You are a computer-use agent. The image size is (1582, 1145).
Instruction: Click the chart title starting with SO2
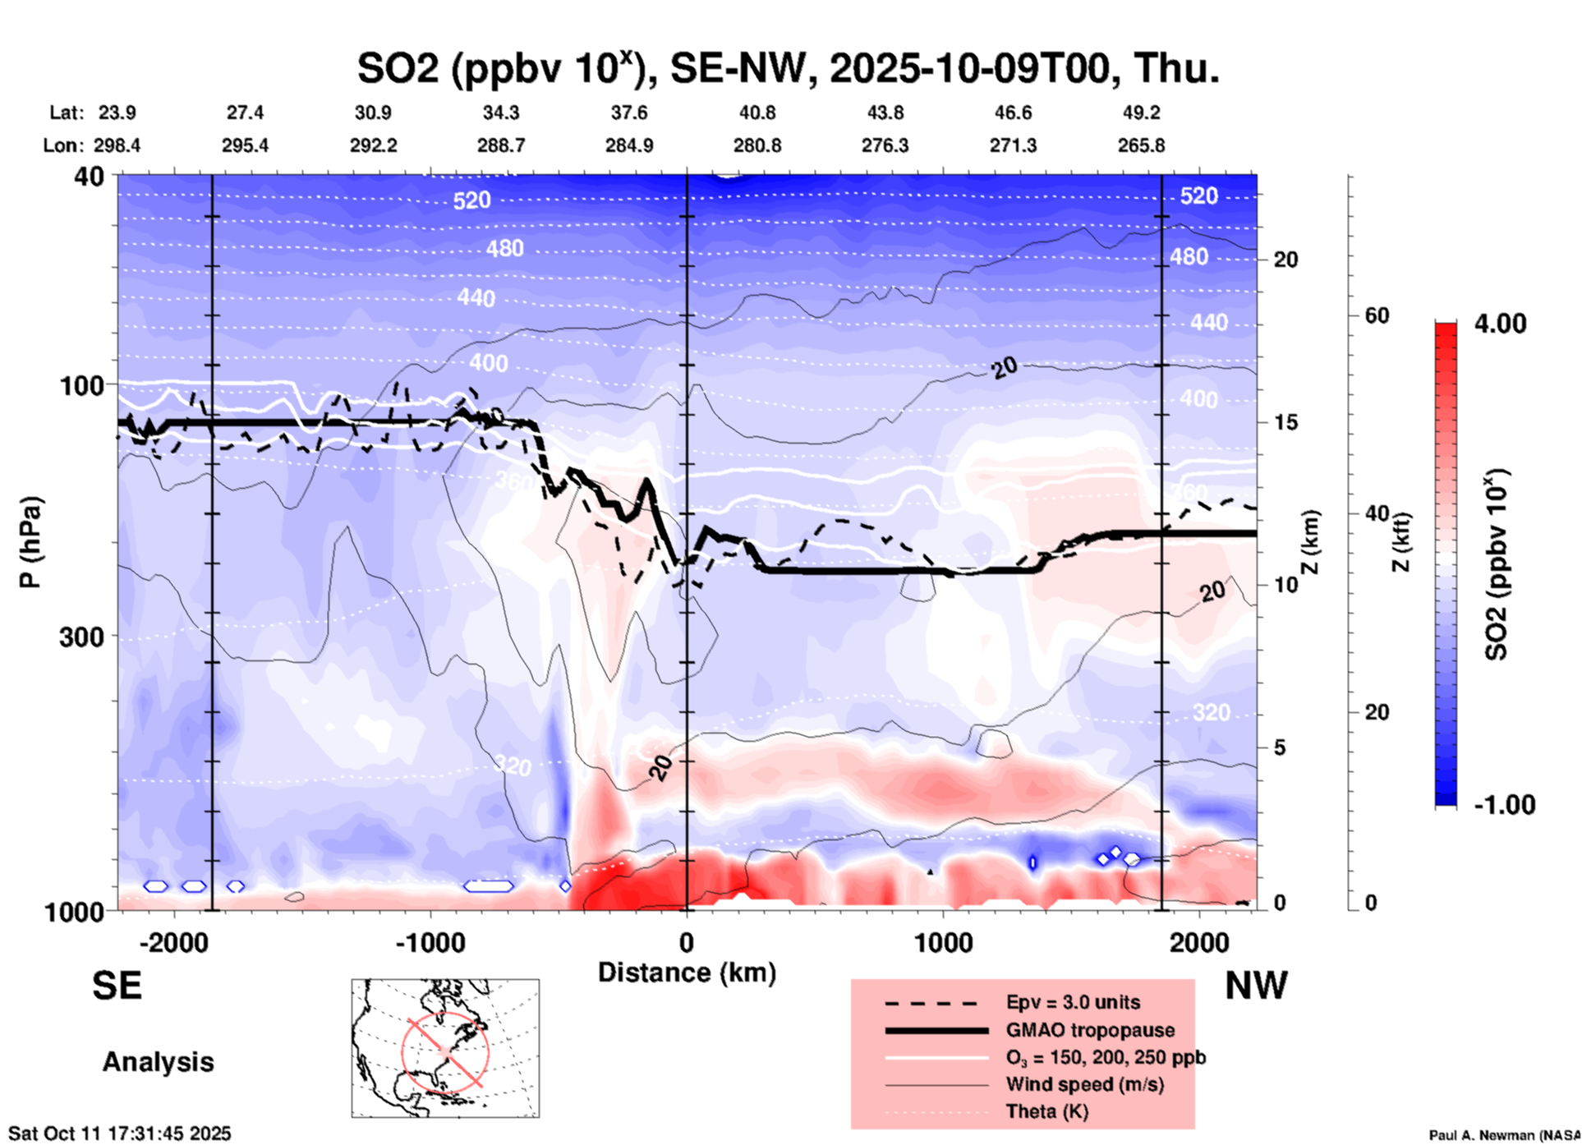787,69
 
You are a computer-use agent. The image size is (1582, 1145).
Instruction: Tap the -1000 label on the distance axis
430,943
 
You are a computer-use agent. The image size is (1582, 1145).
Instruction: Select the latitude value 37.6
628,113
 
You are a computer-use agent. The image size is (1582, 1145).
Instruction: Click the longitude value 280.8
757,145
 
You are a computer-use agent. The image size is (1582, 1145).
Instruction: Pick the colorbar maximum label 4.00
1500,324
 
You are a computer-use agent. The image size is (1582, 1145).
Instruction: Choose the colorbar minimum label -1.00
1503,805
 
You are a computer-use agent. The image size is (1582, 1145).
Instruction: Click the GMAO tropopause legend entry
1089,1030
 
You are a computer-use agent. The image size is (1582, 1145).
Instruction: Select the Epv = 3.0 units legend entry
1072,1003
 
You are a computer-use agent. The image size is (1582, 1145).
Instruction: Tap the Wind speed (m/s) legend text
1084,1084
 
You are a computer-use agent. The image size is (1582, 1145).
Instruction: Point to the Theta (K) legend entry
1046,1111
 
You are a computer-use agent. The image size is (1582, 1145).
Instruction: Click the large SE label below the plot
117,986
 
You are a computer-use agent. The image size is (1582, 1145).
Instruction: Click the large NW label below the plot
1256,986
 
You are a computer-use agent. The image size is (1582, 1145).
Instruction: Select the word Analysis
158,1062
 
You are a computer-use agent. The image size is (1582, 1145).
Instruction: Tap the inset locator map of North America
445,1048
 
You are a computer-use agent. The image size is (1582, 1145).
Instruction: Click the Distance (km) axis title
687,973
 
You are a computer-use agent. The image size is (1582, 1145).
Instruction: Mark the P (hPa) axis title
30,542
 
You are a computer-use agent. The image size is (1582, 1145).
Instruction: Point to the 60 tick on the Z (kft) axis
1377,315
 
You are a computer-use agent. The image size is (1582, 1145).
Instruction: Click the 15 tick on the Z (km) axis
1285,422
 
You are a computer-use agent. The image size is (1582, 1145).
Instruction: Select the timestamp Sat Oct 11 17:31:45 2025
120,1134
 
